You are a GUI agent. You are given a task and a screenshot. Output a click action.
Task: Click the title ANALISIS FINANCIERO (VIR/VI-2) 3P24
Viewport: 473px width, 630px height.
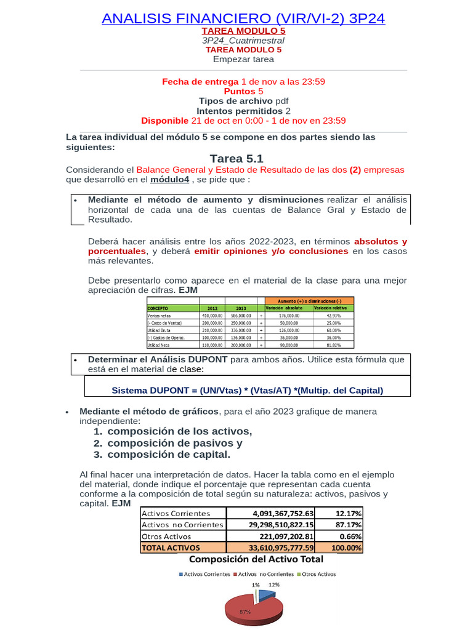(x=243, y=18)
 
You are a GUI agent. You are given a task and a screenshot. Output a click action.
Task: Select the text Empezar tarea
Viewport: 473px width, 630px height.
(x=243, y=59)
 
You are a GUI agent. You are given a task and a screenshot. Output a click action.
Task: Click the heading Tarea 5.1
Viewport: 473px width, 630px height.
(x=236, y=159)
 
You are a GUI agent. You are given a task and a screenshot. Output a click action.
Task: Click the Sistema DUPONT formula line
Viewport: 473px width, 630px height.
(x=247, y=390)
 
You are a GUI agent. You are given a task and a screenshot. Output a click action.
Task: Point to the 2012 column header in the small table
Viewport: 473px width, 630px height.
(x=212, y=308)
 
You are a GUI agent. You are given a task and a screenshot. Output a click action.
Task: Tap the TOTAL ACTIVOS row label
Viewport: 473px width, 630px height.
(x=171, y=547)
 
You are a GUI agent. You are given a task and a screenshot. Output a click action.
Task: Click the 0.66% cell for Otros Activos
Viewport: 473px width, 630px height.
(x=349, y=536)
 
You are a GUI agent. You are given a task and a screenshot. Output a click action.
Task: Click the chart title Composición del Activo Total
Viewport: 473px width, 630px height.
(x=256, y=559)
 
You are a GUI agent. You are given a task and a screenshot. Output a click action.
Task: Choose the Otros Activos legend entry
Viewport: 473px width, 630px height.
(x=316, y=573)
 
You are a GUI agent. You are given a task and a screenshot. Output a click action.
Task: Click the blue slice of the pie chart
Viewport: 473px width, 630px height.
(x=267, y=594)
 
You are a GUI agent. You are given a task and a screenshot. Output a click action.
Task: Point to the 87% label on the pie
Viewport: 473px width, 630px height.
(x=245, y=612)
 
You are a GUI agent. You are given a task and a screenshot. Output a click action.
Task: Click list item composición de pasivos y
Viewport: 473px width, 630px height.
(x=174, y=443)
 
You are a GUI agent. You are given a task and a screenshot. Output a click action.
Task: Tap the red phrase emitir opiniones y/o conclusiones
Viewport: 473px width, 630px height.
(x=272, y=251)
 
